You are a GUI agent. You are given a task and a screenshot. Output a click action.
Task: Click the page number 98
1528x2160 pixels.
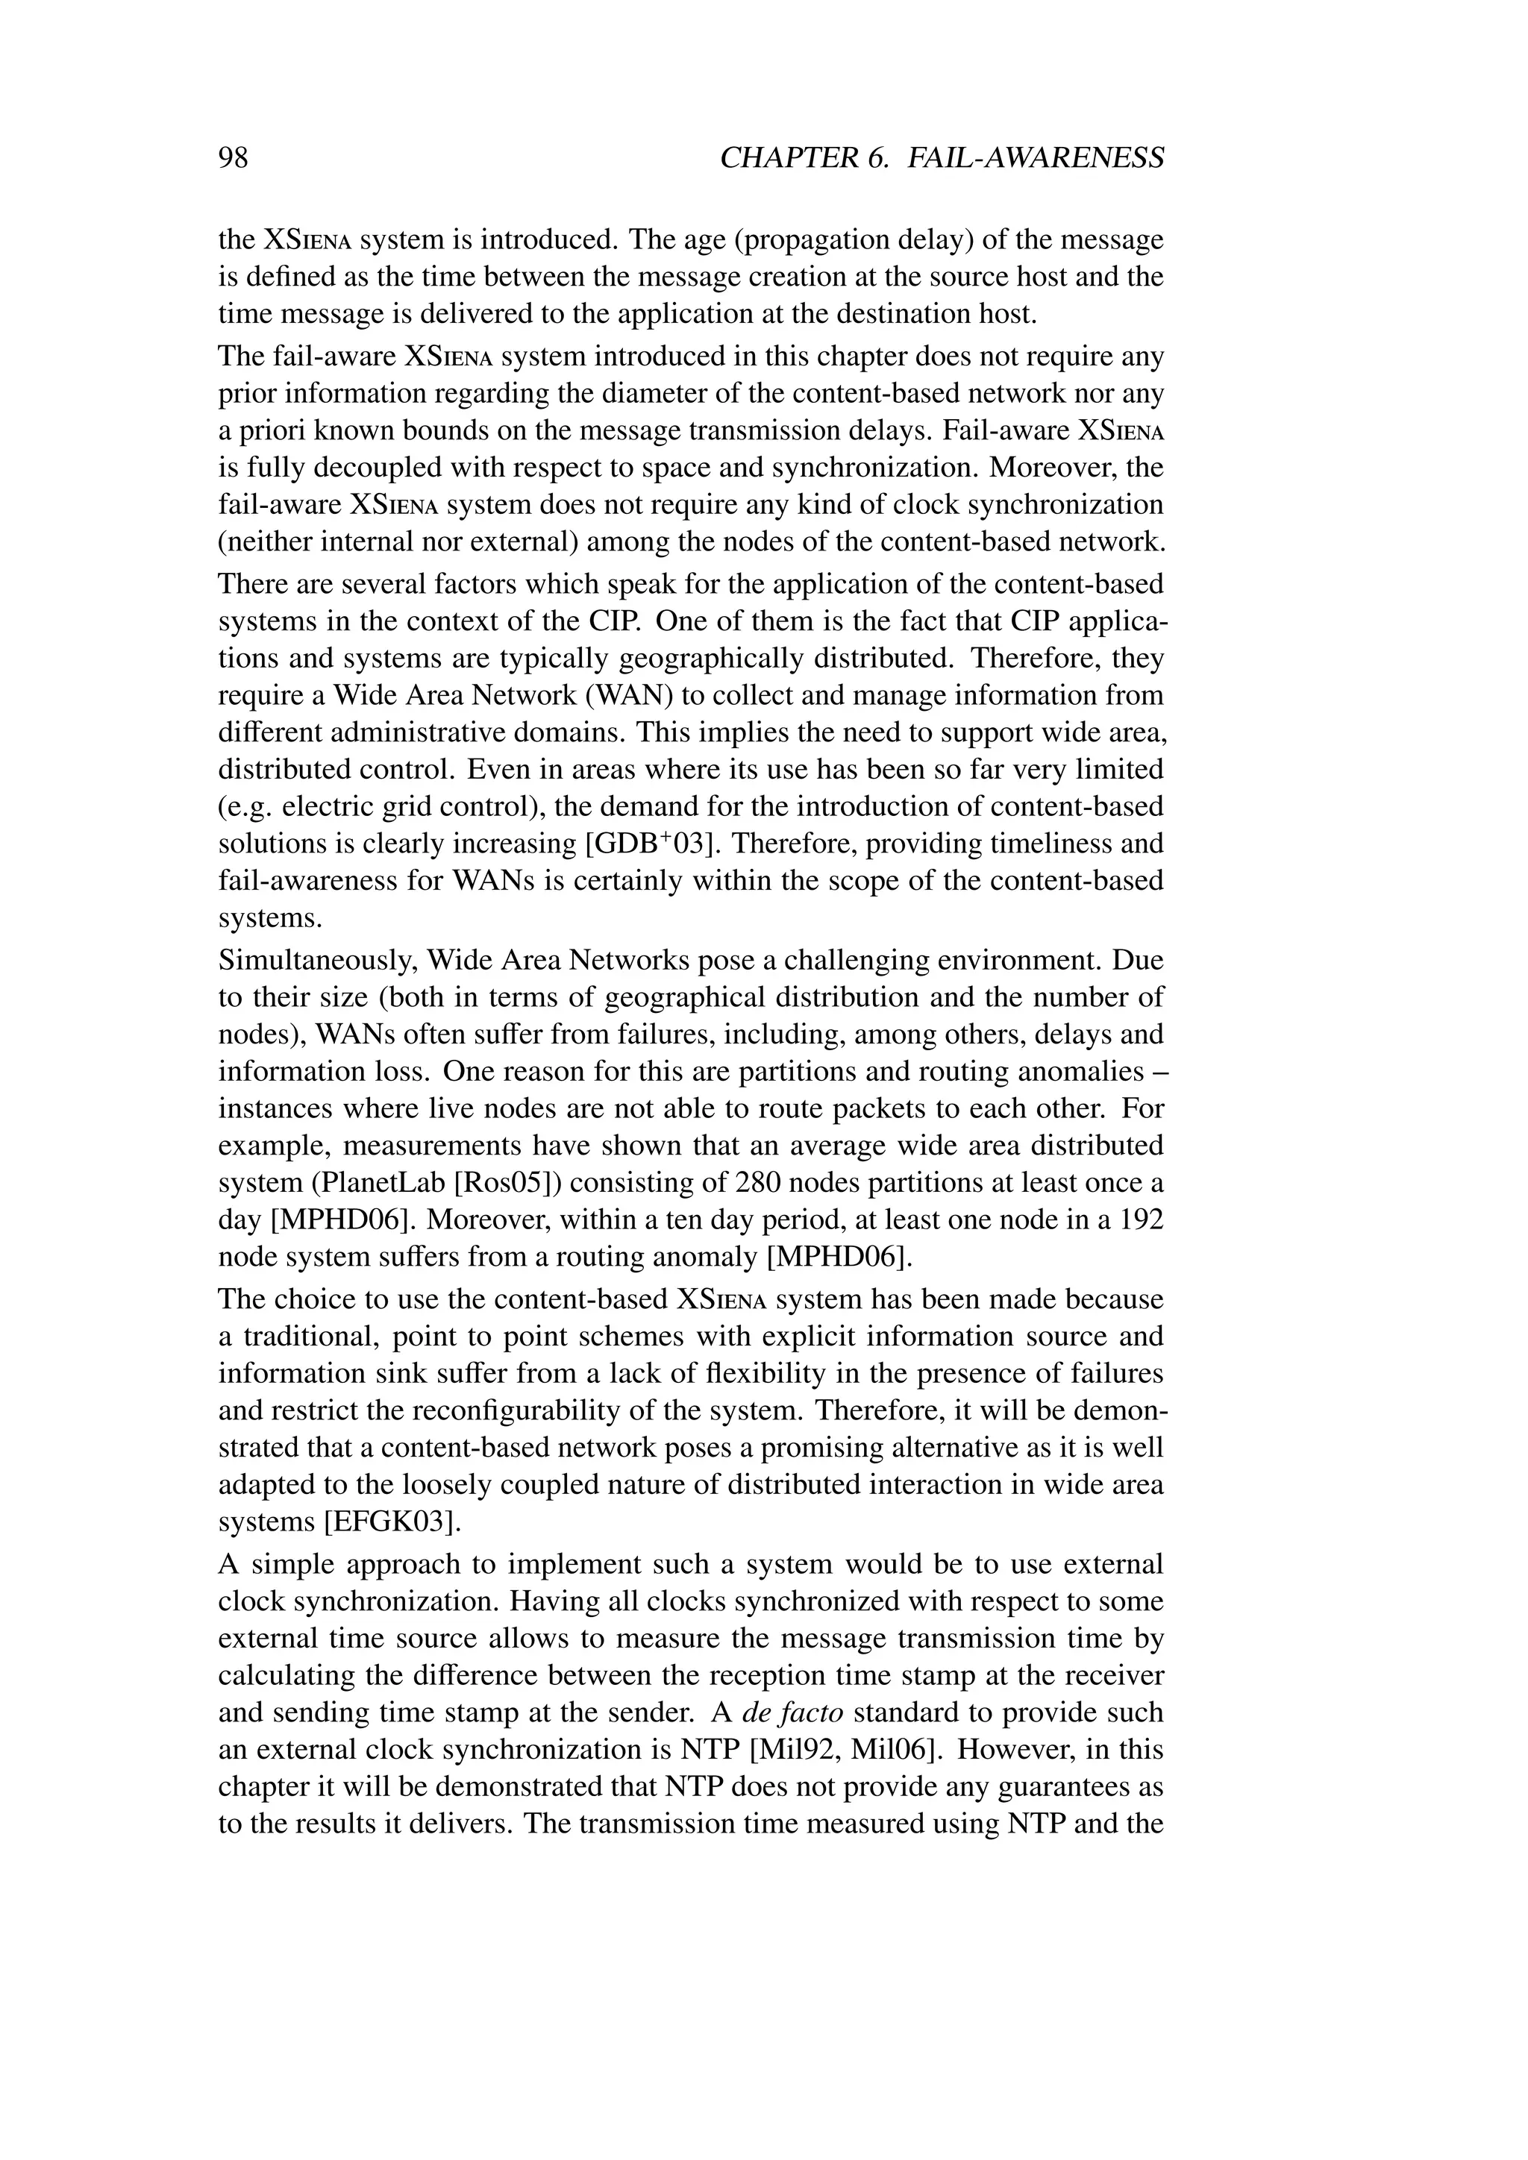(x=234, y=157)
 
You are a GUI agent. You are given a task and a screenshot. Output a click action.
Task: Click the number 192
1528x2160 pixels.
(x=1140, y=1220)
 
